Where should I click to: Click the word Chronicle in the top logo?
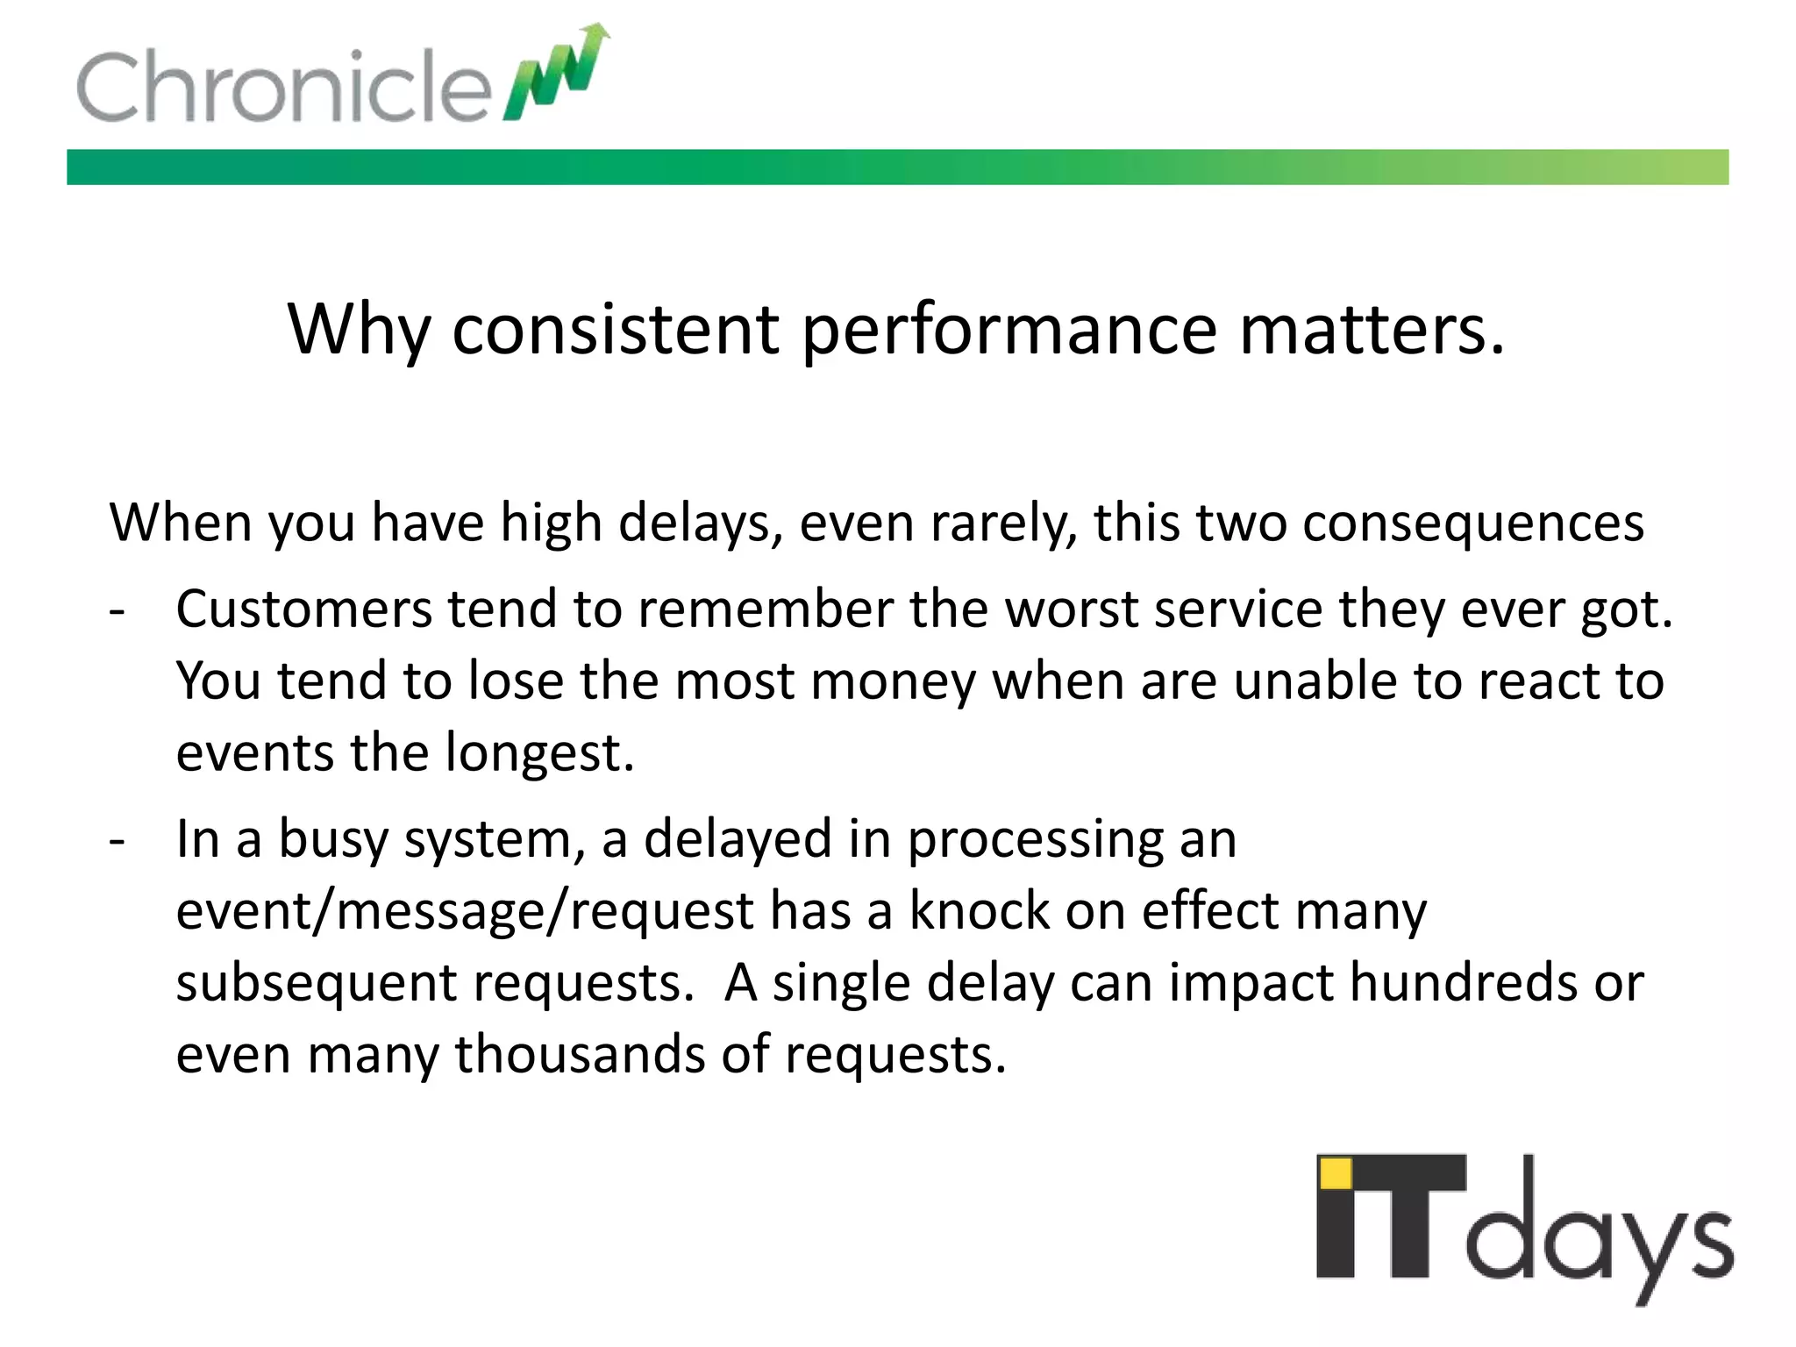pos(282,86)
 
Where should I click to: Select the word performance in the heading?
pos(1008,331)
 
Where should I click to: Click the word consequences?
pos(1472,523)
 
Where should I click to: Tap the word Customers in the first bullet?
pos(303,609)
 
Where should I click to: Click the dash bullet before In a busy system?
pos(118,840)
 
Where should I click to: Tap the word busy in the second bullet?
pos(332,839)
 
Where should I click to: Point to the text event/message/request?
pos(464,911)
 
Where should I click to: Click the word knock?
pos(979,910)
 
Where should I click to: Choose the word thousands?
pos(580,1054)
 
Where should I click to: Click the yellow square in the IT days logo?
pos(1336,1173)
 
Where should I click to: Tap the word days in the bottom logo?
pos(1598,1237)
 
